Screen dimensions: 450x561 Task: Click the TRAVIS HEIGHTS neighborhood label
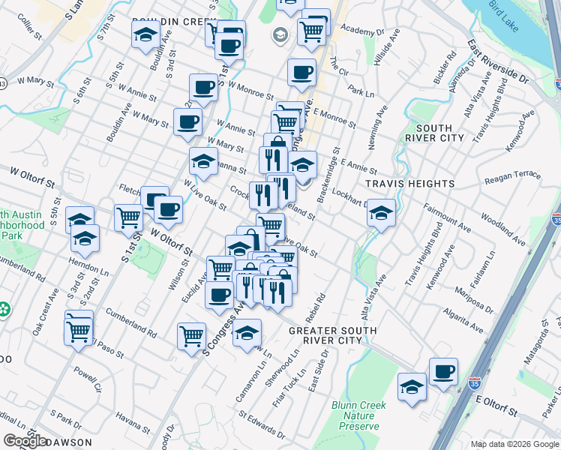tap(410, 184)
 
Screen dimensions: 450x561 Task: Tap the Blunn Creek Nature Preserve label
tap(355, 416)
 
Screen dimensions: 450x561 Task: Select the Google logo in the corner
tap(25, 441)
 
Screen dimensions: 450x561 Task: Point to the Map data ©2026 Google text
tap(514, 444)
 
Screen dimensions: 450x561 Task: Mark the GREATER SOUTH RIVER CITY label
tap(324, 334)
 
